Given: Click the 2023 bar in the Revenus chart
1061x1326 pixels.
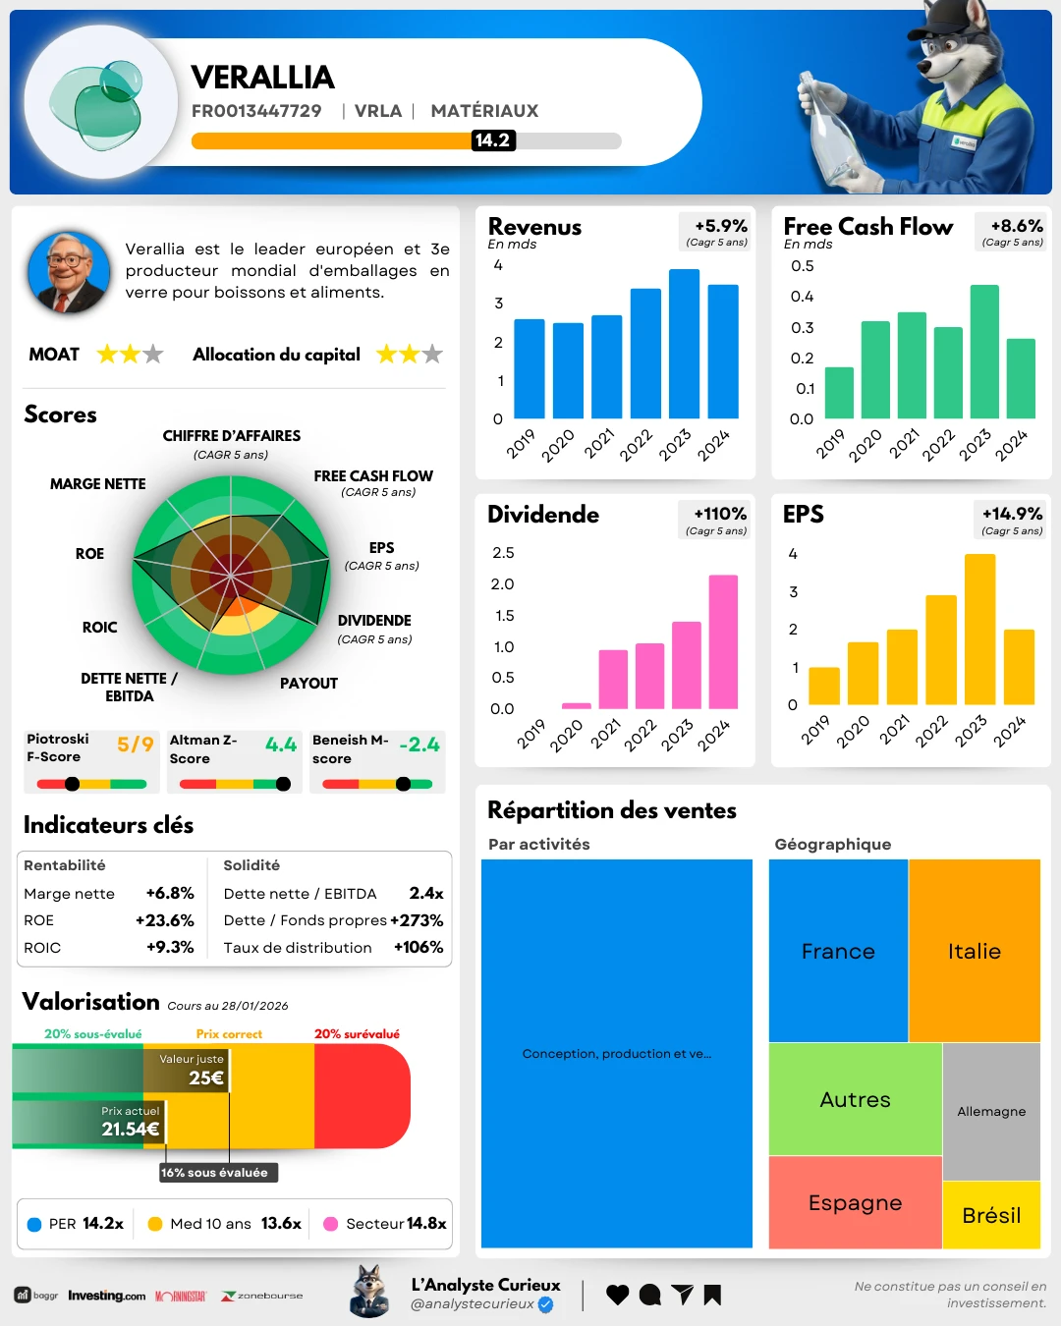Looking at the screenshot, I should (684, 344).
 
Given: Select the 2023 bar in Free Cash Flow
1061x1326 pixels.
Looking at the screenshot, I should (984, 352).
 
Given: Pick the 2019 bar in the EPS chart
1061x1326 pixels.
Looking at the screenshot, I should (824, 686).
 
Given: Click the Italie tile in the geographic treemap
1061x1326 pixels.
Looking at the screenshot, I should (975, 951).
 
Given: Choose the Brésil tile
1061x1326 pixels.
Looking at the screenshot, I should (991, 1215).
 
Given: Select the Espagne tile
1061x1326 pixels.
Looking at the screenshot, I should (855, 1202).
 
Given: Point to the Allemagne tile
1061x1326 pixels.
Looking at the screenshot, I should (991, 1111).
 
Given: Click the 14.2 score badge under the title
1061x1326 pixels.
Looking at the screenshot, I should (492, 140).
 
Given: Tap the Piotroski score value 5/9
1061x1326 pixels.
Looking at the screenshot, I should (136, 745).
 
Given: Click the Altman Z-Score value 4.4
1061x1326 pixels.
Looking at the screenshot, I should (281, 745).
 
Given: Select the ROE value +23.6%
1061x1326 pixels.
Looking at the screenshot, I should (164, 920).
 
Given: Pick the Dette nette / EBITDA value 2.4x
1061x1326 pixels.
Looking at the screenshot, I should (426, 893).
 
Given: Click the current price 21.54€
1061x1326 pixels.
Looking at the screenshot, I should (130, 1129).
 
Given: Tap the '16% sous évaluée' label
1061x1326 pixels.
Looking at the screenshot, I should (214, 1172).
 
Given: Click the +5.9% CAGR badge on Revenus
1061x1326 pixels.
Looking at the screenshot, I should (720, 227).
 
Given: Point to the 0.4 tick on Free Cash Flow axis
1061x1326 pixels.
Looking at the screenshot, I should (803, 297).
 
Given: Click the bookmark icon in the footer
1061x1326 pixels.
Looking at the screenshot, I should (712, 1295).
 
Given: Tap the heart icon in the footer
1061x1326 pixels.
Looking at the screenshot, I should (617, 1295).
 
